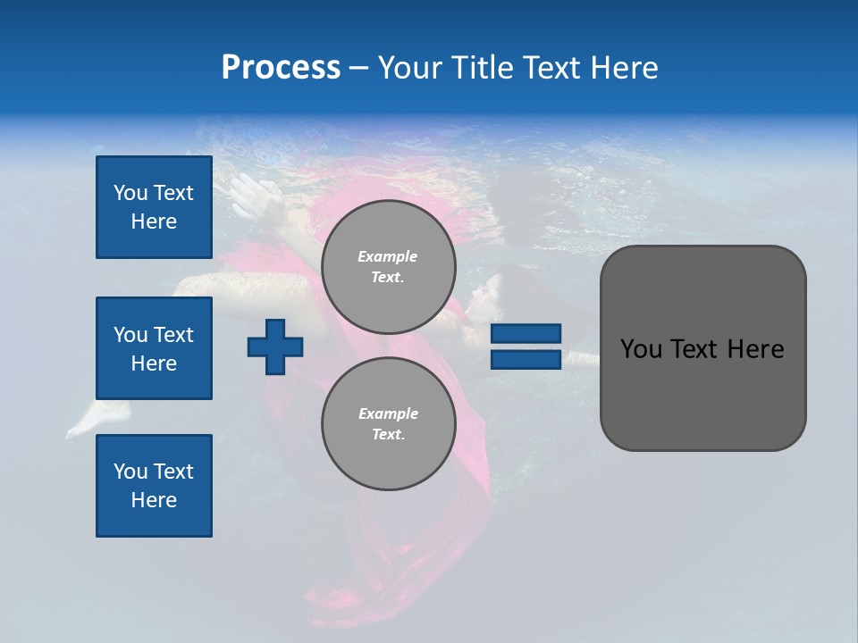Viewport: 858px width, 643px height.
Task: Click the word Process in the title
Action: (281, 68)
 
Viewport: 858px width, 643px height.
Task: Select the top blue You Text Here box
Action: (154, 207)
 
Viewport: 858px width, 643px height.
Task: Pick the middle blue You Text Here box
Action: (154, 348)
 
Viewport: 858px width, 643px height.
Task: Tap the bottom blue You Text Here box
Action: (154, 486)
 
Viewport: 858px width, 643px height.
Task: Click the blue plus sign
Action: (275, 347)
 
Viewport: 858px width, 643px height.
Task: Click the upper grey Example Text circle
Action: (388, 267)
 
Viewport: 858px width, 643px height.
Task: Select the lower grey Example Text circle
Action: (388, 424)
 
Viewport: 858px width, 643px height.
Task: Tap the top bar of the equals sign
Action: (526, 333)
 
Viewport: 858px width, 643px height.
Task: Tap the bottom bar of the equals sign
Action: (526, 360)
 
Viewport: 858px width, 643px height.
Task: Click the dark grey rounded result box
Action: (702, 393)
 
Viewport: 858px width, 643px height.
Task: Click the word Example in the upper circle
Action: (387, 257)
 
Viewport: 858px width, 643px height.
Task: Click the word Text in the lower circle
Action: (387, 435)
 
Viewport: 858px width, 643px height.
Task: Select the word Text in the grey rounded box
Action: (695, 349)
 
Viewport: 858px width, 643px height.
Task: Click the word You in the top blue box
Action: (130, 193)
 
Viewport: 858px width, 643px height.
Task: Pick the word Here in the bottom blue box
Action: (154, 500)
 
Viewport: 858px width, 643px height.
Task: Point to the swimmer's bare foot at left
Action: (83, 420)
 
